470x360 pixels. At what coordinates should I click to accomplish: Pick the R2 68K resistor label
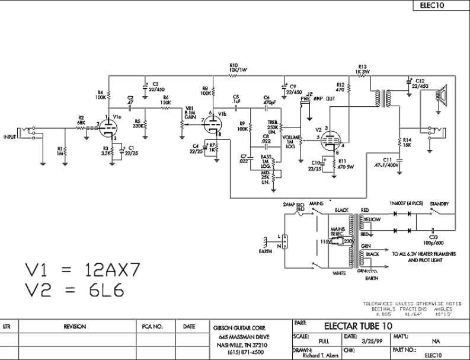[x=81, y=120]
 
